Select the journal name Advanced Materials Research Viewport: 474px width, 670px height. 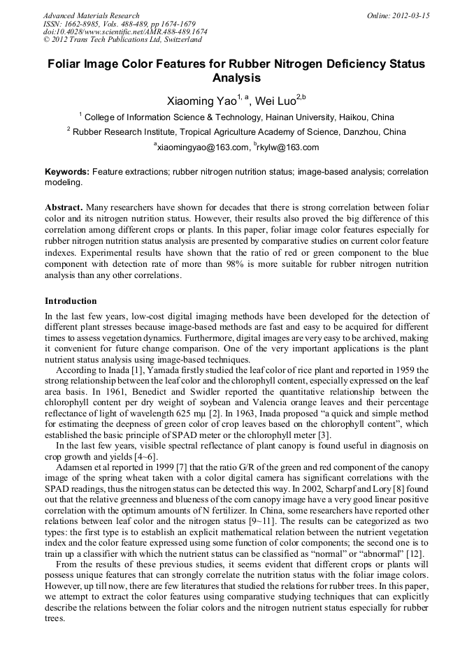click(x=91, y=15)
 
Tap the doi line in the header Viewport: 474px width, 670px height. click(x=125, y=32)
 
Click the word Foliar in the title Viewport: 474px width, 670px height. click(x=65, y=64)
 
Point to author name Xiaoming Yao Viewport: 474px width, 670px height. click(x=199, y=101)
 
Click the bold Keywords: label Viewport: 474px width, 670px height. click(x=67, y=172)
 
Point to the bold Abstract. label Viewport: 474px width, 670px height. click(x=64, y=209)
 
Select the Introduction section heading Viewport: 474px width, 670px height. click(x=71, y=301)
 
